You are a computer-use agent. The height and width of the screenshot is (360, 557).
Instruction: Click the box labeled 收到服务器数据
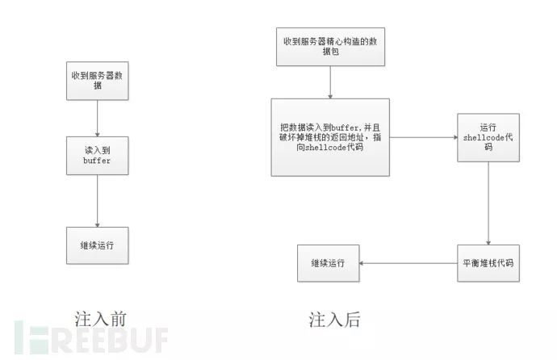point(97,80)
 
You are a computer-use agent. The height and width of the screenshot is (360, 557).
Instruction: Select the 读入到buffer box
point(97,155)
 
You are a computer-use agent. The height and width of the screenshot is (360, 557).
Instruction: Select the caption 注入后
point(334,319)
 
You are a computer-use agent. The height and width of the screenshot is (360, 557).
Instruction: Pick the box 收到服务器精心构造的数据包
point(331,46)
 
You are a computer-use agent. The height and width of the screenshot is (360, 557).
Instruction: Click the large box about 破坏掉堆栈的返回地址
point(330,137)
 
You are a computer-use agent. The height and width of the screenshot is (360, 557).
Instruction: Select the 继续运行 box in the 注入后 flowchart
point(328,263)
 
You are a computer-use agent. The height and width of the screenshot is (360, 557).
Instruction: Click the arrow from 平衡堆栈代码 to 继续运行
point(407,263)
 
